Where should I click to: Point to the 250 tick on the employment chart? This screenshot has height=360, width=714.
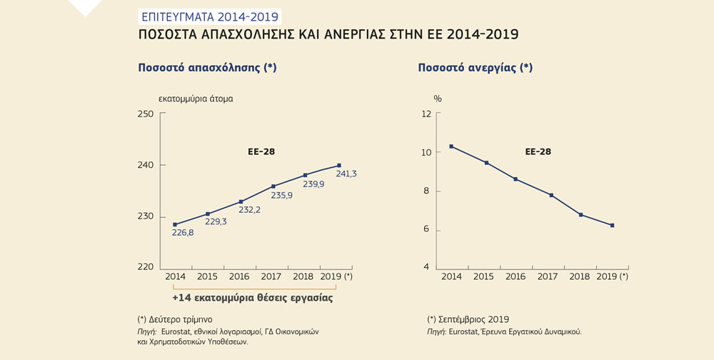[x=146, y=114]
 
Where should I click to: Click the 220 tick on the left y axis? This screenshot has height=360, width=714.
[x=146, y=267]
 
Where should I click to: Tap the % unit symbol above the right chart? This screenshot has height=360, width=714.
[x=438, y=98]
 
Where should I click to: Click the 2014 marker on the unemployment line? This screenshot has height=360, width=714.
[x=451, y=146]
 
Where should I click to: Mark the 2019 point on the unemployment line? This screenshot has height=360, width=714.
[x=612, y=226]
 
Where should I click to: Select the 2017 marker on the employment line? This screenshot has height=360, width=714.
[x=273, y=186]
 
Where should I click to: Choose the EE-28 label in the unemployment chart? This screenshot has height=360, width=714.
[x=538, y=151]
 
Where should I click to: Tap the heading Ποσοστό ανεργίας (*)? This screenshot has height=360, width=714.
[x=475, y=68]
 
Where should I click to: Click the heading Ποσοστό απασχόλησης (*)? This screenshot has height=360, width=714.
[x=207, y=68]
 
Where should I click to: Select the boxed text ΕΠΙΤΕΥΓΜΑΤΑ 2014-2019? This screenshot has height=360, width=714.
[x=208, y=15]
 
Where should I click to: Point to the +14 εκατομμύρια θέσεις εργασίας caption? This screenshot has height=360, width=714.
[x=253, y=297]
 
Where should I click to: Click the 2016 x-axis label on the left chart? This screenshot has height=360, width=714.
[x=241, y=276]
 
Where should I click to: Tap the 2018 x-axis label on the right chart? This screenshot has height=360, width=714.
[x=579, y=276]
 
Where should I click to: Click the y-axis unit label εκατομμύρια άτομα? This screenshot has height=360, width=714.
[x=196, y=99]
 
